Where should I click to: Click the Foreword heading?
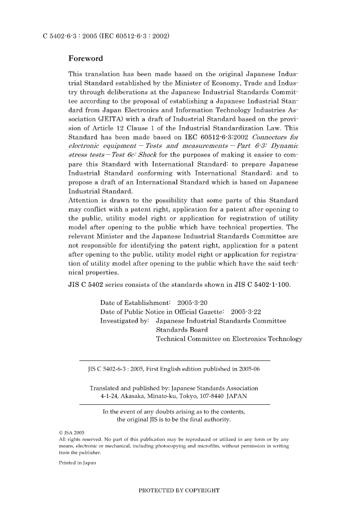pyautogui.click(x=85, y=58)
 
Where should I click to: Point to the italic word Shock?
pyautogui.click(x=148, y=155)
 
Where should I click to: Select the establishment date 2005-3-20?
pyautogui.click(x=192, y=303)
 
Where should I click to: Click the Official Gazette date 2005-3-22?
pyautogui.click(x=246, y=312)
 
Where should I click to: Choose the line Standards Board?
pyautogui.click(x=182, y=330)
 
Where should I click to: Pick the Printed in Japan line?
pyautogui.click(x=77, y=463)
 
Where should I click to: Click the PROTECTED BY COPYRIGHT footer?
pyautogui.click(x=179, y=490)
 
